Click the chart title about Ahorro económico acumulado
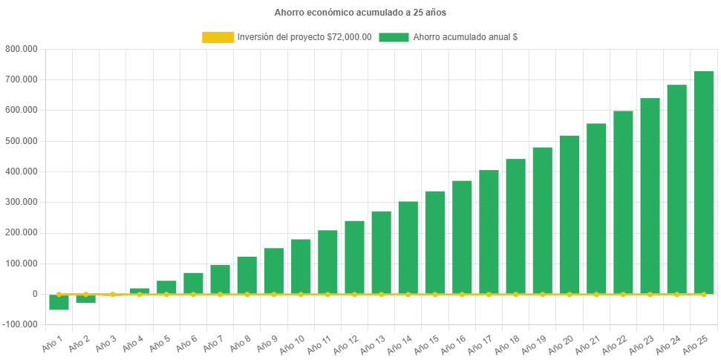point(360,13)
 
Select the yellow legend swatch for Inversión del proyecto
point(218,37)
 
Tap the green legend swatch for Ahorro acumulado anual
point(394,37)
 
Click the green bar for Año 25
point(703,182)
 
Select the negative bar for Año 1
point(59,302)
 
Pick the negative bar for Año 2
point(85,299)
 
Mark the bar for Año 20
point(569,215)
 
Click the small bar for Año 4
point(140,290)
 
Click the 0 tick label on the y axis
point(35,294)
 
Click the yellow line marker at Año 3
point(112,294)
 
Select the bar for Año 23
point(650,196)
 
